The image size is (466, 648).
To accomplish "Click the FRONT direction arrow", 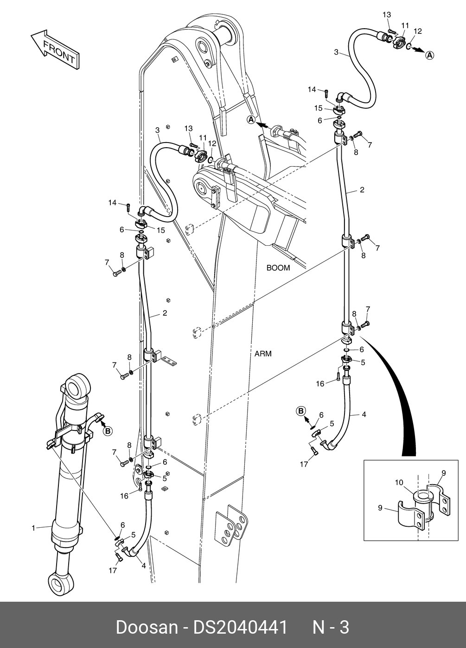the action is click(55, 50).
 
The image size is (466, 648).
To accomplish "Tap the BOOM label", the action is click(278, 268).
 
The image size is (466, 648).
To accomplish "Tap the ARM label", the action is click(263, 354).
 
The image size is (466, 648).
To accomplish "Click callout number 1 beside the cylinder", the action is click(33, 528).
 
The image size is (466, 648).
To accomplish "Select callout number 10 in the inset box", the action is click(399, 482).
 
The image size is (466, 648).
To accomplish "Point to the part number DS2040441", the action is click(240, 626).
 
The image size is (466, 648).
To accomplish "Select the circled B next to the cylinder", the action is click(108, 431).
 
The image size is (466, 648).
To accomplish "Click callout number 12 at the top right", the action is click(418, 31).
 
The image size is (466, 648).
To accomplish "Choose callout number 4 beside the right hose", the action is click(364, 414).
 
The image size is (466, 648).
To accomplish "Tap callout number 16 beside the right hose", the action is click(320, 384).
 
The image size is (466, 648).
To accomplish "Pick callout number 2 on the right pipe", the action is click(362, 190).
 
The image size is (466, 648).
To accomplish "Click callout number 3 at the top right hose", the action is click(336, 52).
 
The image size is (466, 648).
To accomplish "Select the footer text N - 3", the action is click(331, 626).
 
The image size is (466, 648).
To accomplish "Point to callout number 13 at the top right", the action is click(387, 14).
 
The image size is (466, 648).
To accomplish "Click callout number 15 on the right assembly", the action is click(318, 108).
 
